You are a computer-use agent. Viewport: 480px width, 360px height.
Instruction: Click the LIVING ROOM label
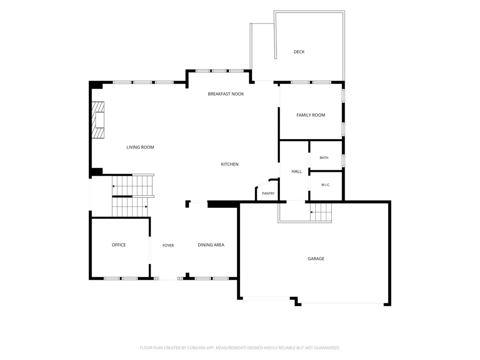coord(140,147)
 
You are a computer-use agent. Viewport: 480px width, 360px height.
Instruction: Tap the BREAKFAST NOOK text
coord(226,94)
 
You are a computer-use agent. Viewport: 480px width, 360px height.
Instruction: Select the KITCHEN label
coord(229,164)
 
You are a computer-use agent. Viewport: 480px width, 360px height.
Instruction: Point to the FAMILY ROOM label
coord(311,115)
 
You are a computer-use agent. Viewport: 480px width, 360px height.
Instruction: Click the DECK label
coord(299,52)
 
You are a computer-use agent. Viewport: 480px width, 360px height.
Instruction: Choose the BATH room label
coord(324,157)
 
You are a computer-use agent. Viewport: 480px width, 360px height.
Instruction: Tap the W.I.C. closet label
coord(326,185)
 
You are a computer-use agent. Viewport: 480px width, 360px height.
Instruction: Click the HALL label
coord(297,171)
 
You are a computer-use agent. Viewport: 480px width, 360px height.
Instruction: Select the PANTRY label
coord(268,193)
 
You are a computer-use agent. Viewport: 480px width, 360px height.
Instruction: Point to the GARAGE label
coord(316,259)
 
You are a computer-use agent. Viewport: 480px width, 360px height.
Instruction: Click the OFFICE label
coord(119,245)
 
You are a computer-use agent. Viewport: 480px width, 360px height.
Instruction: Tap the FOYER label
coord(168,245)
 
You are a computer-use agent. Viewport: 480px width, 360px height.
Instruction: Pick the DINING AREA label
coord(211,245)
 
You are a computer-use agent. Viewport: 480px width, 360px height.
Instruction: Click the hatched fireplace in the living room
coord(98,120)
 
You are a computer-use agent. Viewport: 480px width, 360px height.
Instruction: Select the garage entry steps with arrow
coord(321,212)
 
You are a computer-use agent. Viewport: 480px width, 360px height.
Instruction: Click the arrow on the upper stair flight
coord(114,186)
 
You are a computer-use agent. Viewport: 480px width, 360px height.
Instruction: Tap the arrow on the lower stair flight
coord(146,206)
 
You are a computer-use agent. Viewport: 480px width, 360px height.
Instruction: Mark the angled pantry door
coord(263,183)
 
